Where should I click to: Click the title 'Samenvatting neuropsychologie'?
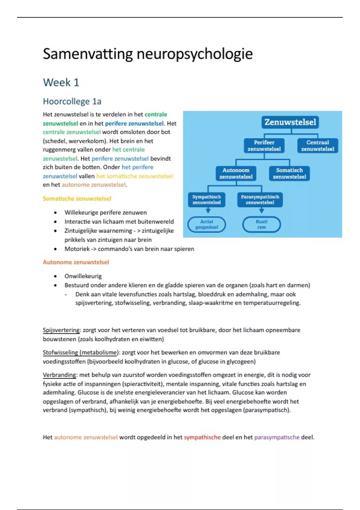click(x=148, y=54)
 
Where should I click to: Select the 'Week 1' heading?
click(x=61, y=82)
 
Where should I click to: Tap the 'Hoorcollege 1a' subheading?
click(x=72, y=101)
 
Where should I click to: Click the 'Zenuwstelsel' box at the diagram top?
click(x=290, y=122)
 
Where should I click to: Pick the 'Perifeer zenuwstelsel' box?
click(x=264, y=145)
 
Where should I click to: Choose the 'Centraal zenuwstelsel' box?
click(x=317, y=145)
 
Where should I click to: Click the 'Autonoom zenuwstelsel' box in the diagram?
click(x=236, y=173)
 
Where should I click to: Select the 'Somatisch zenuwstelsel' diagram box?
click(x=289, y=173)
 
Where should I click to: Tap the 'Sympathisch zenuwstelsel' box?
click(x=206, y=199)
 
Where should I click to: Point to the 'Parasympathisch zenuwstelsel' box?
click(x=260, y=199)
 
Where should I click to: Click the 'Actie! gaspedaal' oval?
click(x=206, y=224)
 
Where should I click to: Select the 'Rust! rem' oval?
click(x=261, y=224)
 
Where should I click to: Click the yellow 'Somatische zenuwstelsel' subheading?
click(x=77, y=199)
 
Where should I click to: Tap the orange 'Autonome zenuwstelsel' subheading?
click(x=76, y=262)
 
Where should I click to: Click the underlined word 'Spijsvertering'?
click(x=61, y=330)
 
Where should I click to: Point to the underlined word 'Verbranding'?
click(x=60, y=375)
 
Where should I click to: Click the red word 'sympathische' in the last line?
click(x=202, y=437)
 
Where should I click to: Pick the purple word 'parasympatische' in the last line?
click(x=277, y=437)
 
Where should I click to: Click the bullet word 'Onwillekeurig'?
click(x=83, y=276)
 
